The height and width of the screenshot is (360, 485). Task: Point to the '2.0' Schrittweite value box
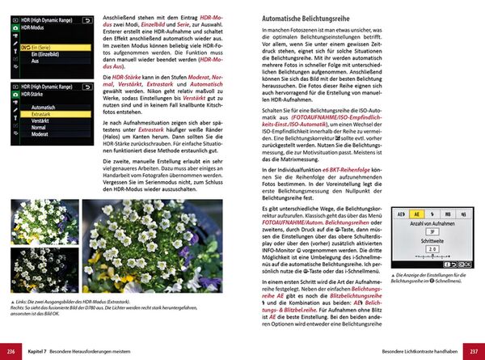coord(432,250)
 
